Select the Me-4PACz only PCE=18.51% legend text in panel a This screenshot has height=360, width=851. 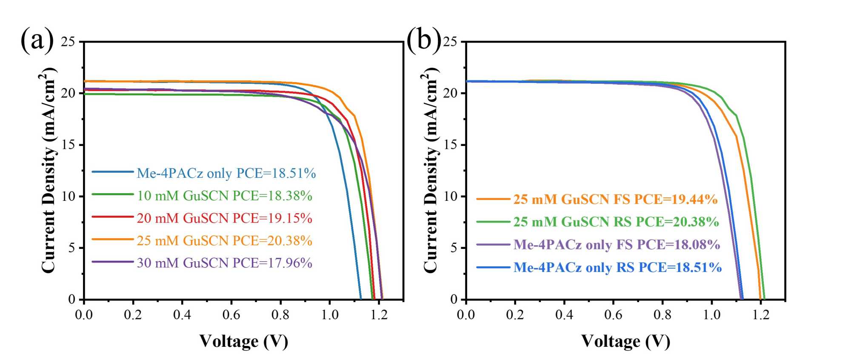(226, 173)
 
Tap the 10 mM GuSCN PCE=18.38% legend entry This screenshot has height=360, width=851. (224, 196)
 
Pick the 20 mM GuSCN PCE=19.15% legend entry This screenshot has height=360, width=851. (224, 218)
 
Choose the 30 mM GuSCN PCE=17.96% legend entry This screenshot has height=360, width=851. (224, 263)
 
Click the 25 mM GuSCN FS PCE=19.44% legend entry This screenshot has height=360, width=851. (615, 199)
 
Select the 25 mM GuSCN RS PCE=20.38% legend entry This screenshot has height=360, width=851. (616, 222)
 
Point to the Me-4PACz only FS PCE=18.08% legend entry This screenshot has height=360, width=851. (617, 245)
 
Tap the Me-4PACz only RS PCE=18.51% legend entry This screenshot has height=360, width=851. (617, 267)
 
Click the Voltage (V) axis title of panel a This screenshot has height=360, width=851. (244, 341)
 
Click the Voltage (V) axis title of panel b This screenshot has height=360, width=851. (625, 341)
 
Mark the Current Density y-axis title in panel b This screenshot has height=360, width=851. (431, 170)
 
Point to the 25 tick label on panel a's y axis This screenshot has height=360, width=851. (68, 42)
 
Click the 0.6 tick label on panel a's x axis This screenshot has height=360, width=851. (231, 315)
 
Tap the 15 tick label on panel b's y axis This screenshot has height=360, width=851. (450, 145)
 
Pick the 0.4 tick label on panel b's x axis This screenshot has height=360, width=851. (564, 315)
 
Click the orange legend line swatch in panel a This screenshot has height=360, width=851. (113, 239)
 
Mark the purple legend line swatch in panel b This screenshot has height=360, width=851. (493, 245)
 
